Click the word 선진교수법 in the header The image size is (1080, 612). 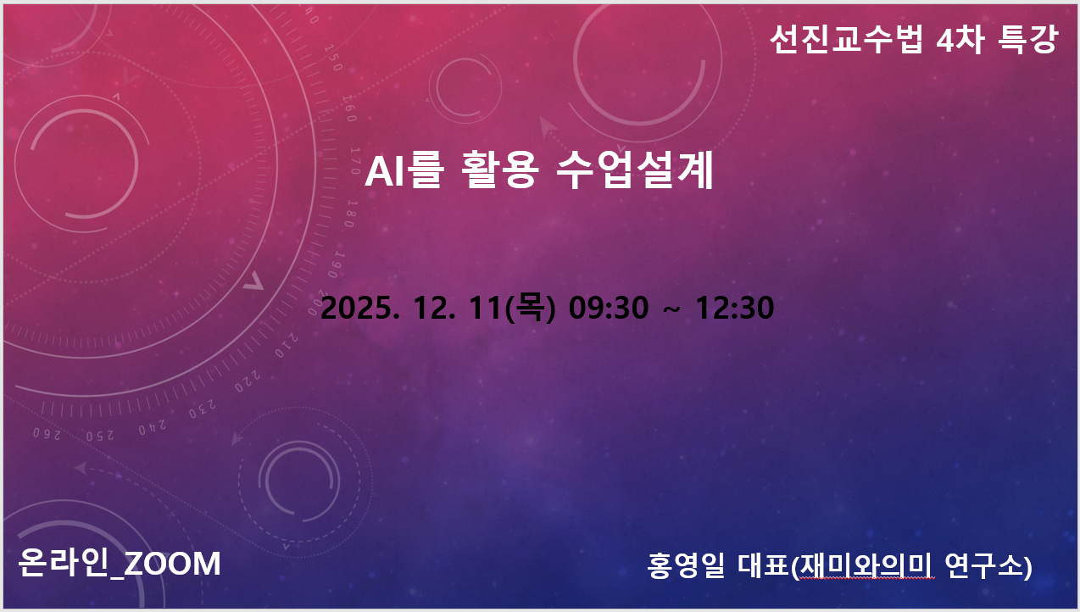846,39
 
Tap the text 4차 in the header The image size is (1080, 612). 960,39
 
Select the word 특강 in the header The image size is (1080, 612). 1027,39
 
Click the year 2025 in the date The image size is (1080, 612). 357,308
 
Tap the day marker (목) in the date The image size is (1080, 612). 530,308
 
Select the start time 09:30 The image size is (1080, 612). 609,308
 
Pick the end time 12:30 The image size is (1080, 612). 734,308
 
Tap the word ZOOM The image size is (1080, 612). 172,564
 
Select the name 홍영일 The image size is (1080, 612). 686,565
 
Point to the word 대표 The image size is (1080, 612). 763,565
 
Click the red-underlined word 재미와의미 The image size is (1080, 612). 866,565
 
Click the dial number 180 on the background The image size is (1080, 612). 350,213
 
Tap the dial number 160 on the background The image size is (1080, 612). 349,108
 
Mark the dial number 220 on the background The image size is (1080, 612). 248,381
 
